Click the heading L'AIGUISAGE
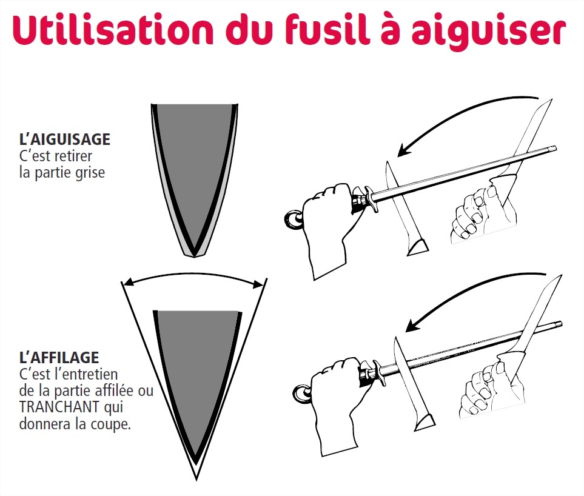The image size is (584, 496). [65, 139]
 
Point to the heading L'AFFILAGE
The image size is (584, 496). [59, 358]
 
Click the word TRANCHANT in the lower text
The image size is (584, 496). [59, 407]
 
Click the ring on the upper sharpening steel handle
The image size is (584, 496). [294, 220]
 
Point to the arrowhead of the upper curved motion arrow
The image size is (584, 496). [404, 150]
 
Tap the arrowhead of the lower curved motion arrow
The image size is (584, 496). [412, 325]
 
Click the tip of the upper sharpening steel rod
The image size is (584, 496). [555, 149]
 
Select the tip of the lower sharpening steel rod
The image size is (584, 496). [561, 323]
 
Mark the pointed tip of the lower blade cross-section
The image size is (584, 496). [196, 479]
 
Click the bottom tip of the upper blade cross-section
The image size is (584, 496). [194, 256]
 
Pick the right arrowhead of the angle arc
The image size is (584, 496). [259, 285]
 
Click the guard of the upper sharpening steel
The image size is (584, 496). [371, 199]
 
